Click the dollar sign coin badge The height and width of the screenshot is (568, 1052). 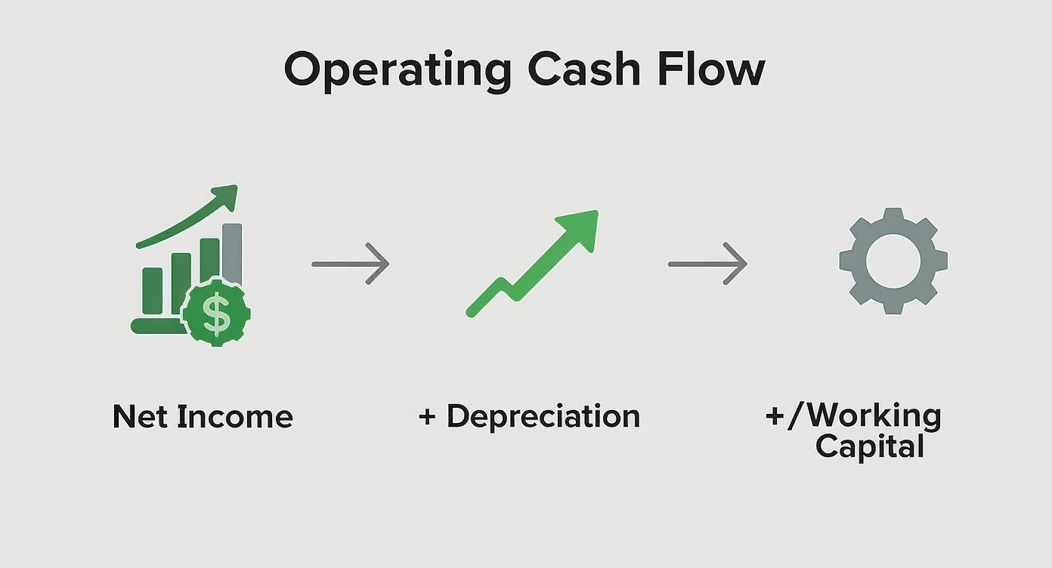[216, 312]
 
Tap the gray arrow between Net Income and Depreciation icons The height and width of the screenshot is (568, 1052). [351, 264]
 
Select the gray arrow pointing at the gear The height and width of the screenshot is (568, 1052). [707, 264]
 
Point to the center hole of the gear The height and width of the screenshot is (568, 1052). [893, 261]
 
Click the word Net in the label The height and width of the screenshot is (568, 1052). [139, 417]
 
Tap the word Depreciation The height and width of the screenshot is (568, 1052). [543, 416]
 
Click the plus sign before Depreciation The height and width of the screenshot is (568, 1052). [427, 416]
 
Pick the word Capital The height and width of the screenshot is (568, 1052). [870, 446]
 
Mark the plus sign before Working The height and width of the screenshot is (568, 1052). [775, 417]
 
